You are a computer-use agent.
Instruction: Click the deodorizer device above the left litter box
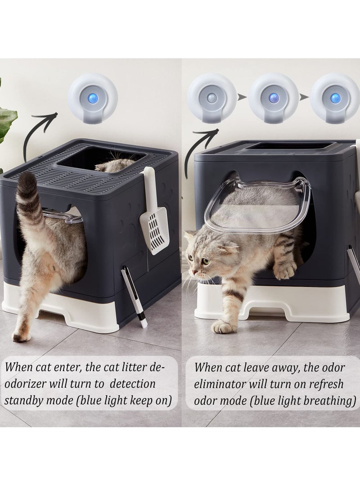point(93,99)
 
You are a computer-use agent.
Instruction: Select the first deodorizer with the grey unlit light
point(212,99)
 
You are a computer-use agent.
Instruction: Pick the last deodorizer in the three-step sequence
point(334,99)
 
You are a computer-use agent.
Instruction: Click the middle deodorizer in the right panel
point(273,99)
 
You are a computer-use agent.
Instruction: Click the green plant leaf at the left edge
point(7,122)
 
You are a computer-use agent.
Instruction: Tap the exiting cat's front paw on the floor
point(223,326)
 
